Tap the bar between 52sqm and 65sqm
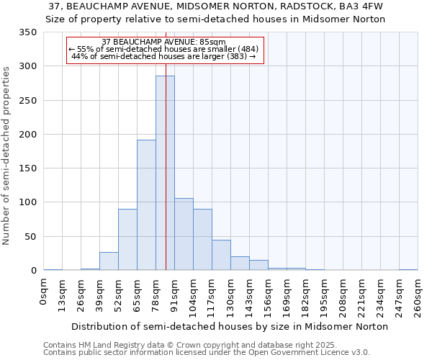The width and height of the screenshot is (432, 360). click(127, 240)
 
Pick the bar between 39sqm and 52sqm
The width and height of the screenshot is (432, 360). click(109, 261)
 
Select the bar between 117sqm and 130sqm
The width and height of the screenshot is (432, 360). click(221, 256)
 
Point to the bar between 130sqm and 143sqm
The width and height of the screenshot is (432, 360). click(240, 264)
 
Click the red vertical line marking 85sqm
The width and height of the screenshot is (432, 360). click(166, 144)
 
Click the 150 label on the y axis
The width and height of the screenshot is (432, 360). click(28, 168)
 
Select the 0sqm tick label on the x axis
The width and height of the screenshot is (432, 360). click(44, 295)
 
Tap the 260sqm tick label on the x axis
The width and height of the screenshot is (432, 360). click(418, 299)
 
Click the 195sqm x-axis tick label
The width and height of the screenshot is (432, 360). click(324, 299)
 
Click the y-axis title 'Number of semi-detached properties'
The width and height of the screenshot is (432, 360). click(6, 155)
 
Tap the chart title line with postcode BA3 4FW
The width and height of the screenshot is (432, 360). click(216, 6)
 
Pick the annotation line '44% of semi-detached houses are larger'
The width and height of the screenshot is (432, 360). click(164, 56)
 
